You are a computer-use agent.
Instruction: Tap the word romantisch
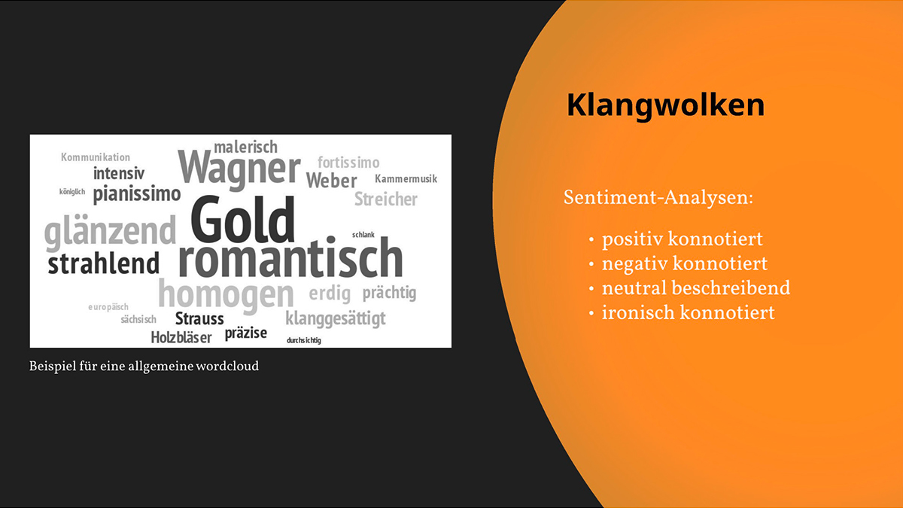290,257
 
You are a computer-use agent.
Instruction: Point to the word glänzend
110,233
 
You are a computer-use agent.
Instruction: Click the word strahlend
104,263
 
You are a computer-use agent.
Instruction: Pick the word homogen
227,297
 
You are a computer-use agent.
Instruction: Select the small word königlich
72,191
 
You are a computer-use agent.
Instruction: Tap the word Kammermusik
406,178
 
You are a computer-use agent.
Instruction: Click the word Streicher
386,199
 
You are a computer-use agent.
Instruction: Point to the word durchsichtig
304,340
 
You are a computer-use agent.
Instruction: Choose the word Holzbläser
181,337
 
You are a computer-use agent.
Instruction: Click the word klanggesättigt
336,319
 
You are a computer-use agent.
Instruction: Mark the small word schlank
363,235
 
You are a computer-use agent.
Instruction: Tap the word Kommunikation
96,157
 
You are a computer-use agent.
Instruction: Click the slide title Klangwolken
665,105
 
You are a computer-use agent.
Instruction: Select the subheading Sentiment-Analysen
658,197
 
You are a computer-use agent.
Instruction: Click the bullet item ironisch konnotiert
688,312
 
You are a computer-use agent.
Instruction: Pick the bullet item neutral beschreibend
696,287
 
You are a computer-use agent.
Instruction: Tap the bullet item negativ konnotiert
685,263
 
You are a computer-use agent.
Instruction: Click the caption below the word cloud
144,366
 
